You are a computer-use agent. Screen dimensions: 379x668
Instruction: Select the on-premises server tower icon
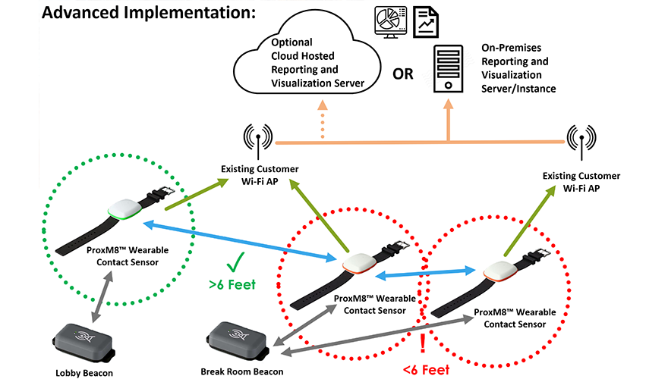coord(448,69)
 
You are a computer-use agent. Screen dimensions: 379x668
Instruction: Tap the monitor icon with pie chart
coord(388,23)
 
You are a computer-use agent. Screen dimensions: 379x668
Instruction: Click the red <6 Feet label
coord(424,370)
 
